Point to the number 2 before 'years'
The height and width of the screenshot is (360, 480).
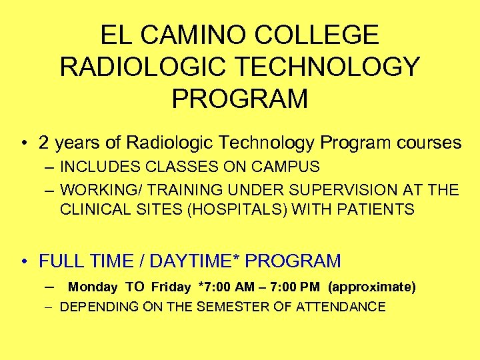coord(45,143)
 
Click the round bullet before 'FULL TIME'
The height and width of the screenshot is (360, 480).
coord(25,261)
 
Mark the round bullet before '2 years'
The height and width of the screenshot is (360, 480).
coord(25,143)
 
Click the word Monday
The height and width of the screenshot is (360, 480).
coord(93,287)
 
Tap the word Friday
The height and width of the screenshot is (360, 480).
coord(171,287)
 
